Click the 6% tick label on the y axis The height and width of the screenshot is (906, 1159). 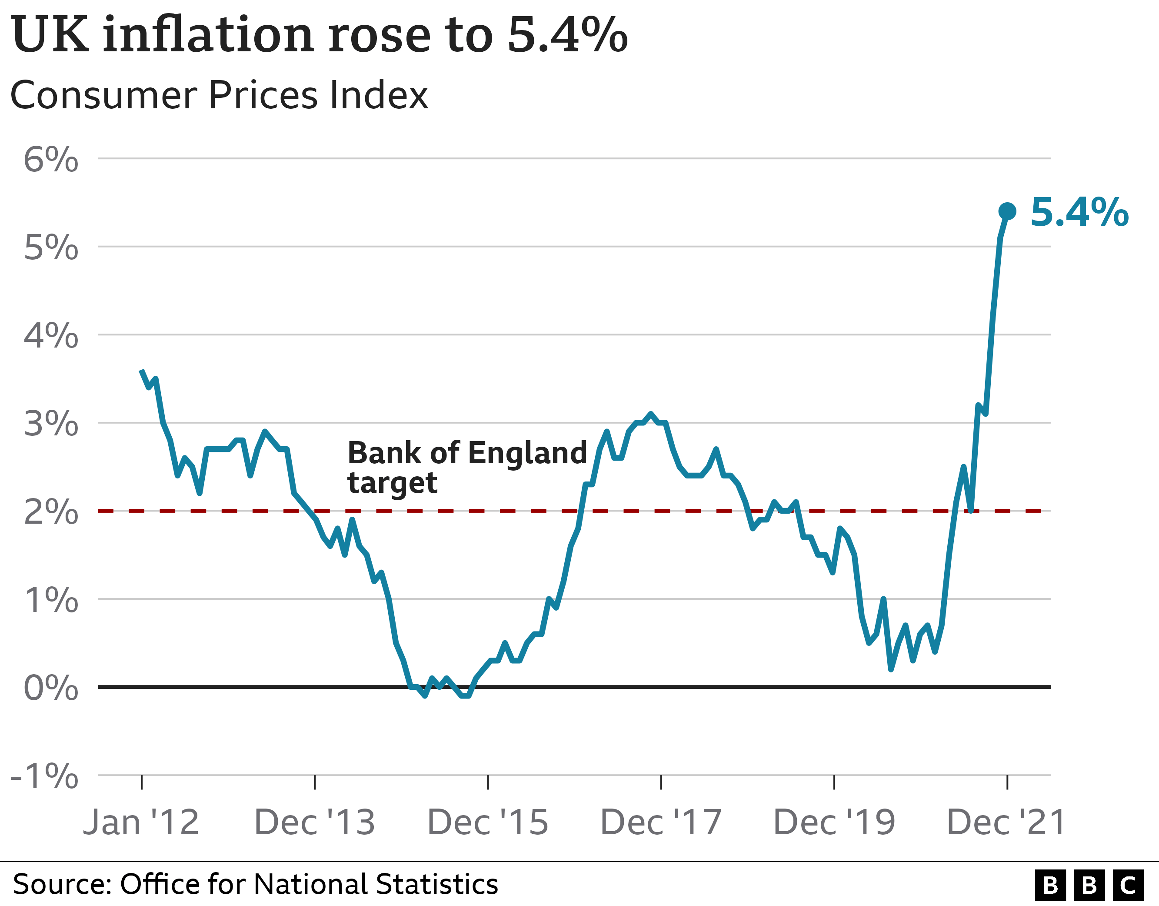[x=51, y=159]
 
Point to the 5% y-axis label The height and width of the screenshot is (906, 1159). [x=51, y=247]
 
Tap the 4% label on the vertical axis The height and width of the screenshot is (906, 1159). [x=51, y=336]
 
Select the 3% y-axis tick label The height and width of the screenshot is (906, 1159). [x=51, y=424]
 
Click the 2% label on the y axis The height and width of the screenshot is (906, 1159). [x=51, y=512]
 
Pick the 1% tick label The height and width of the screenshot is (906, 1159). [x=51, y=600]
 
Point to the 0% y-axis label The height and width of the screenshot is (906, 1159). [x=51, y=688]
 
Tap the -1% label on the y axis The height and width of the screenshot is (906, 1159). [x=45, y=776]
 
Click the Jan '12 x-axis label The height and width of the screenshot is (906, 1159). [x=141, y=822]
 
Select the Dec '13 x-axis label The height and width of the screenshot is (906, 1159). [x=315, y=822]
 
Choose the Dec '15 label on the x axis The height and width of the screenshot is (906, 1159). [x=488, y=822]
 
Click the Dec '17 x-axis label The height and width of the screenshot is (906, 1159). [x=661, y=822]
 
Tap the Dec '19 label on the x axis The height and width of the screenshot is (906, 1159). [x=834, y=822]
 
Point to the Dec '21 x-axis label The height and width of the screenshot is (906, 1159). [x=1007, y=822]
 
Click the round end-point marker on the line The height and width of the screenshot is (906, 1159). [x=1007, y=211]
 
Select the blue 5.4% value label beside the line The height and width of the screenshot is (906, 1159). [x=1079, y=212]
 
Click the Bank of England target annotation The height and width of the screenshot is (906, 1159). [x=467, y=467]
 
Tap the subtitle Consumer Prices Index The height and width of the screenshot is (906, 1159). [x=219, y=96]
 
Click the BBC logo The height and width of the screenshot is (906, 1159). [x=1089, y=885]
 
